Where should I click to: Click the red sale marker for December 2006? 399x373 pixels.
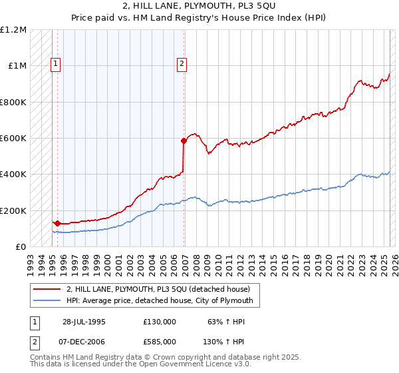(184, 141)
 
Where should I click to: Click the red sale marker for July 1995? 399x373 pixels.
(57, 223)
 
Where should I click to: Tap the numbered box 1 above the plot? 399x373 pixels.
(55, 64)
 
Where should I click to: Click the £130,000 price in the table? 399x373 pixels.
(159, 322)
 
